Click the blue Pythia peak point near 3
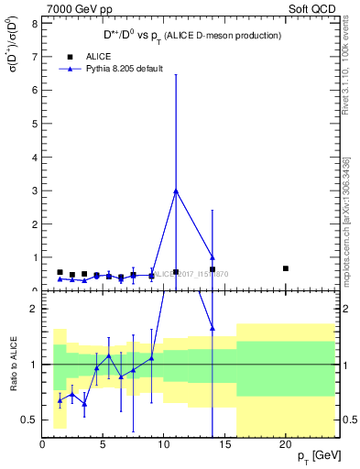point(176,191)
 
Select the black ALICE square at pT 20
point(286,268)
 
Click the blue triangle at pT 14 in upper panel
point(213,257)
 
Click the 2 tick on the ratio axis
point(36,309)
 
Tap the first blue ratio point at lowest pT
point(60,400)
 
